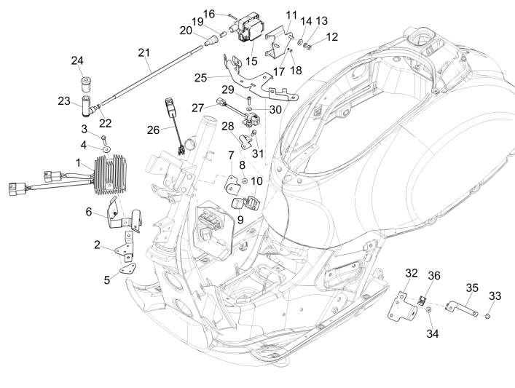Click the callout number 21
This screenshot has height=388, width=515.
pos(143,52)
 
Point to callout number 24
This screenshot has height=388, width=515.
pos(78,60)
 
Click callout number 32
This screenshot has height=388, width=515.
pos(411,273)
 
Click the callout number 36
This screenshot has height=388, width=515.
pos(433,275)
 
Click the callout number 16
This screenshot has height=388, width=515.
pos(209,13)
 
